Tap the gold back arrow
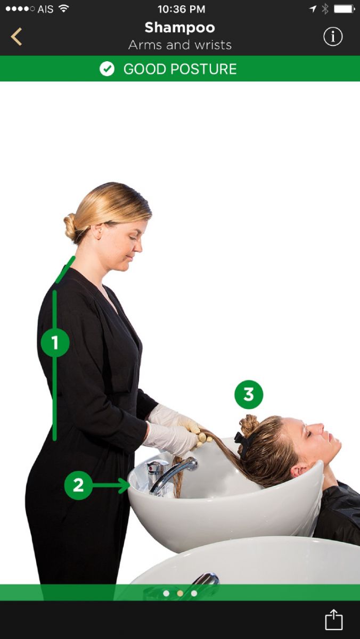(x=17, y=37)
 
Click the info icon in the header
(x=333, y=37)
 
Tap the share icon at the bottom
(x=334, y=619)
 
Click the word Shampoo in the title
(x=179, y=28)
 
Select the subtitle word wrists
(x=212, y=45)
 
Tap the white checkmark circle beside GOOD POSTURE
(x=107, y=69)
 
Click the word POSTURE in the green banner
(x=203, y=69)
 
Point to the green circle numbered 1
(x=55, y=342)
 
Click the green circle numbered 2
(x=78, y=485)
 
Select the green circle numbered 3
(x=249, y=394)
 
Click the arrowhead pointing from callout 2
(x=125, y=485)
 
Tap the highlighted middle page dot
(x=180, y=593)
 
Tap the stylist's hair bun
(x=70, y=227)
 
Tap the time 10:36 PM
(x=182, y=9)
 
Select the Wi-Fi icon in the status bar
(x=63, y=9)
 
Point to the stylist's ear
(x=97, y=231)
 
